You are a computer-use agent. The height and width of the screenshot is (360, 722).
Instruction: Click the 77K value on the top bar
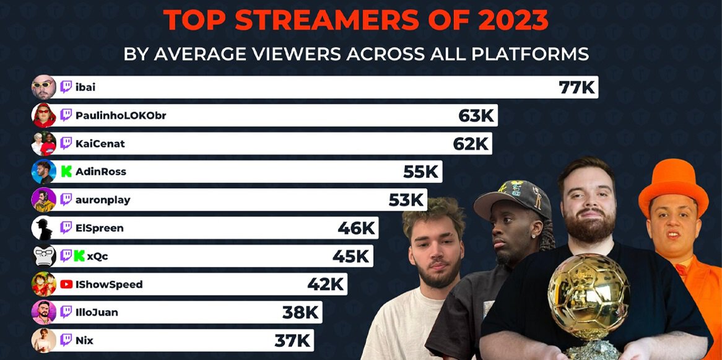(576, 87)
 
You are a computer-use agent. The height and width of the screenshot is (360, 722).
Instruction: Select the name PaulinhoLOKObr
(121, 115)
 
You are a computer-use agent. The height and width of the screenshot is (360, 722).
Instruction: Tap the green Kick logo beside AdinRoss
(66, 172)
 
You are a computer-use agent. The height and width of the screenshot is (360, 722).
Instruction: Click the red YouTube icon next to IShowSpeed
(66, 284)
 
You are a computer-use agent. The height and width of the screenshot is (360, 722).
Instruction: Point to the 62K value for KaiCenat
(471, 144)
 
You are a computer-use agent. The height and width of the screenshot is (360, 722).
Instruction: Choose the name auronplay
(103, 200)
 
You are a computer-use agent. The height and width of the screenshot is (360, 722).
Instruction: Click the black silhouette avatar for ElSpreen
(44, 228)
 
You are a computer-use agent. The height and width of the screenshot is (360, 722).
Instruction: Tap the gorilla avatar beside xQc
(44, 256)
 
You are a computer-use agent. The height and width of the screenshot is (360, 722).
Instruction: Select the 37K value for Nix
(293, 340)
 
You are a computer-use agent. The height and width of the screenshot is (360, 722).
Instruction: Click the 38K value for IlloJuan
(300, 312)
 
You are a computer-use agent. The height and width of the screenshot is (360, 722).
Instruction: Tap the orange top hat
(673, 185)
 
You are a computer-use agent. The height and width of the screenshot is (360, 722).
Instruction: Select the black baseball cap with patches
(512, 199)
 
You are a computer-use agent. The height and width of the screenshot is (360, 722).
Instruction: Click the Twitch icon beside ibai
(66, 87)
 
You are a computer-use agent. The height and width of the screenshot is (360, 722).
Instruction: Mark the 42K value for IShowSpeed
(326, 284)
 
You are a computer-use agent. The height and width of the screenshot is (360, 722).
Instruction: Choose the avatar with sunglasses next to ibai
(44, 87)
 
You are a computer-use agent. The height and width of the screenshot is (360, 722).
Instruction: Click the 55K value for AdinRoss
(421, 172)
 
